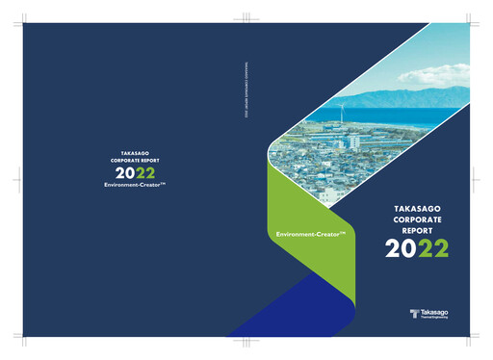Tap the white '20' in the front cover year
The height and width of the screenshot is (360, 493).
tap(401, 248)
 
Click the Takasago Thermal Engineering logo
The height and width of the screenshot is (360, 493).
tap(429, 315)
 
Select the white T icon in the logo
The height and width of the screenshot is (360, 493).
tap(413, 315)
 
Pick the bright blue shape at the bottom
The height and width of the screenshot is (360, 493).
tap(289, 308)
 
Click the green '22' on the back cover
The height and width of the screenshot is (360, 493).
tap(144, 172)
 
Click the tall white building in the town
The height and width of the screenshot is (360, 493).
tap(354, 141)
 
